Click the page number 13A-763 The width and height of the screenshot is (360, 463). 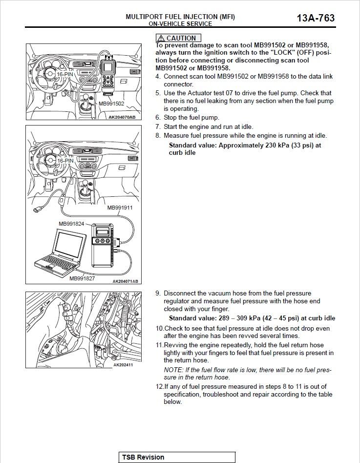point(316,18)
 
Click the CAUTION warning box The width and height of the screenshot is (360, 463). point(178,38)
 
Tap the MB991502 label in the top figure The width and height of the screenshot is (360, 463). point(111,104)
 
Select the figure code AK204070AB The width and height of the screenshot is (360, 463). point(122,117)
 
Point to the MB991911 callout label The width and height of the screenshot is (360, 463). point(120,208)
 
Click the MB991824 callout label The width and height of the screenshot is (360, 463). point(71,224)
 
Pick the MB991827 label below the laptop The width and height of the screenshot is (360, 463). point(82,278)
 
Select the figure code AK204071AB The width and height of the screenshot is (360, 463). point(125,281)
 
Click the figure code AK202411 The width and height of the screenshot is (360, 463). point(123,365)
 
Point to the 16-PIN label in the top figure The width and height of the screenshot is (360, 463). point(64,74)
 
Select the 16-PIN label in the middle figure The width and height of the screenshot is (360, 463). point(65,161)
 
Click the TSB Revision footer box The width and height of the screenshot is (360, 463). point(177,457)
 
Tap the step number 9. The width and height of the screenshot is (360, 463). point(158,294)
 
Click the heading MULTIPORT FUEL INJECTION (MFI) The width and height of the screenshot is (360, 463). point(180,17)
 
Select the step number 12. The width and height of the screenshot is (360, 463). point(160,387)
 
